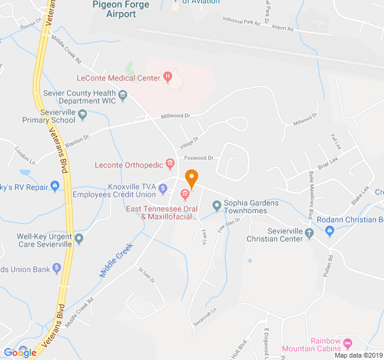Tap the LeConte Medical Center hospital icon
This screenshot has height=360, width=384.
168,77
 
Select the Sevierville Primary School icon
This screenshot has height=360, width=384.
83,114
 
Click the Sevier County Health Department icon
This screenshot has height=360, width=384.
123,94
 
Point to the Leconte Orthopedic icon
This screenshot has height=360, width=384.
170,163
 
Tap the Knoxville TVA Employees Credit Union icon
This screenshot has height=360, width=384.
163,189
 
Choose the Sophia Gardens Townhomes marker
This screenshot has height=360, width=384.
217,206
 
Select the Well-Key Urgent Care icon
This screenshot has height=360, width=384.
79,239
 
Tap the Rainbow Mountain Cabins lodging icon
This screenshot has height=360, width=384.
347,344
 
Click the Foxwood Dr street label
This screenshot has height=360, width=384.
199,158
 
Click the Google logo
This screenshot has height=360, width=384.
20,353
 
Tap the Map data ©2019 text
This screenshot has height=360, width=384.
358,355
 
